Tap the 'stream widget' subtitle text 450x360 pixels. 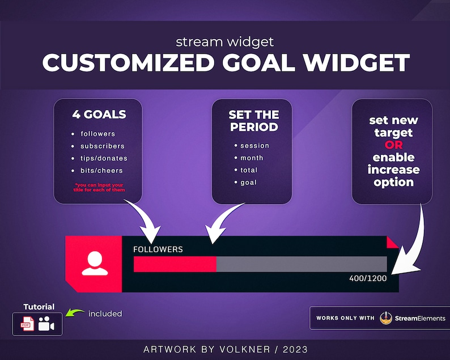point(224,42)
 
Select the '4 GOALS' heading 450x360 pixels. point(99,115)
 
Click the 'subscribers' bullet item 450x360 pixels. point(102,146)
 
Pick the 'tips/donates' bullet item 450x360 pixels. point(104,158)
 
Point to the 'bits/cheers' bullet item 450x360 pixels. point(101,171)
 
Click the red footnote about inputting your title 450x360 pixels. point(99,188)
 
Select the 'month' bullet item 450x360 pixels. point(252,158)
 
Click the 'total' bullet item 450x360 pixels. point(249,170)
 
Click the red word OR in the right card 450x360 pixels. point(393,145)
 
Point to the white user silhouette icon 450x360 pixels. point(94,264)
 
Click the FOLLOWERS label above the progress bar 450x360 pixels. point(158,249)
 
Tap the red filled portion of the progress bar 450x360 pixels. point(175,264)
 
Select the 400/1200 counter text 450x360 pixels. point(368,278)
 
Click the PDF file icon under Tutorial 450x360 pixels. point(28,324)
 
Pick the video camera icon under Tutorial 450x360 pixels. point(46,324)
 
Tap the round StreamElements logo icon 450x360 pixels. point(386,318)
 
